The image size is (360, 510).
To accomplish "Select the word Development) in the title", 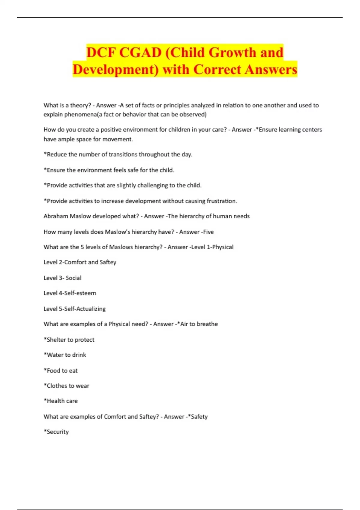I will coord(115,70).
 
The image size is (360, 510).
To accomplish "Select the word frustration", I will coord(222,201).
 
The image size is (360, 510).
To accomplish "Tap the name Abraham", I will coord(56,216).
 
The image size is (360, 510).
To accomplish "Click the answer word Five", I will coord(208,232).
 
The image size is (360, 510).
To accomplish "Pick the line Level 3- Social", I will coord(62,278).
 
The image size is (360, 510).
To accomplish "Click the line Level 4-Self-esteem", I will coord(70,293).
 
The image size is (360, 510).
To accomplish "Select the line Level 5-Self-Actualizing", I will coord(75,309).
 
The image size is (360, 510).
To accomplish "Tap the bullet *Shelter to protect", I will coord(69,340).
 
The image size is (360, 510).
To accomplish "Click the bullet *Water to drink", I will coord(65,355).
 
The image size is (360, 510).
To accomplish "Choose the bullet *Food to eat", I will coord(61,370).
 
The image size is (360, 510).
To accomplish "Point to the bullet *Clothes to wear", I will coord(66,386).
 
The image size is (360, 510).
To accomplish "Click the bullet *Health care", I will coord(61,401).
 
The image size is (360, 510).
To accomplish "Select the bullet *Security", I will coord(56,432).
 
